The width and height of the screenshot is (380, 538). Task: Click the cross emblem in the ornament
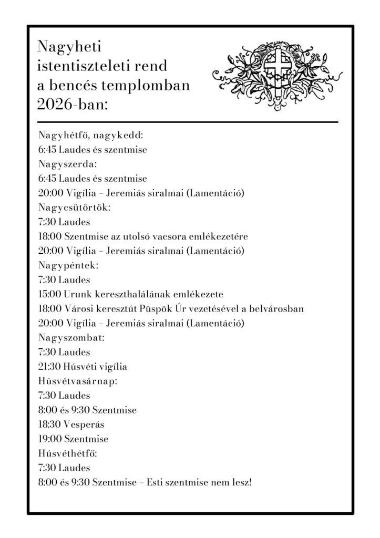click(x=274, y=71)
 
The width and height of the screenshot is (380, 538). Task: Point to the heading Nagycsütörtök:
click(x=74, y=207)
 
